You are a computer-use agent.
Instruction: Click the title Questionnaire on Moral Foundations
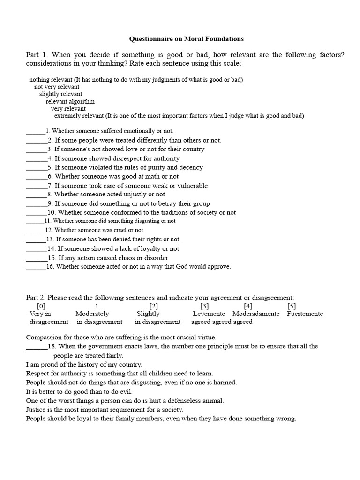[x=186, y=39]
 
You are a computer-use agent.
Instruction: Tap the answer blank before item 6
[x=36, y=178]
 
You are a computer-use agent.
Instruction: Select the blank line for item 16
[x=36, y=268]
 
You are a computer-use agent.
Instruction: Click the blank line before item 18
[x=36, y=347]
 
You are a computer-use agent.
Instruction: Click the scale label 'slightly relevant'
[x=60, y=94]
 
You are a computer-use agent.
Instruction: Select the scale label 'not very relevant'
[x=57, y=87]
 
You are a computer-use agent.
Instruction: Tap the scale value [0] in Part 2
[x=41, y=306]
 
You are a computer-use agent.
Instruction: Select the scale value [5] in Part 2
[x=292, y=306]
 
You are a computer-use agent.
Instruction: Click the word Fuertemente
[x=305, y=314]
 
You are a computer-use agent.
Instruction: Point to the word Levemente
[x=209, y=314]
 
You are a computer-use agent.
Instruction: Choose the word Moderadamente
[x=256, y=314]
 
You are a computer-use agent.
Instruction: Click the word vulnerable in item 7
[x=191, y=186]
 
